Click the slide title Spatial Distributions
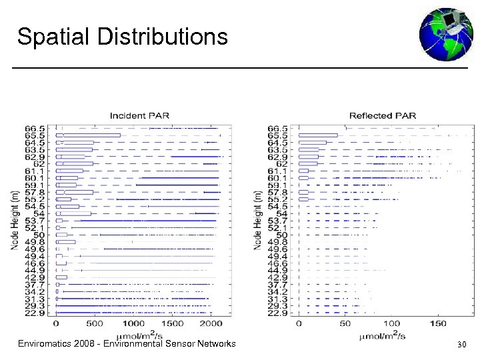(x=122, y=37)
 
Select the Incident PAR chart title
(x=139, y=115)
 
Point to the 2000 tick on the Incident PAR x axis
(x=211, y=323)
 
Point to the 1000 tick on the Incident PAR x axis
(x=134, y=323)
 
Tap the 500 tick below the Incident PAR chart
(x=95, y=323)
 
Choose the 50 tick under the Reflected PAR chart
(x=345, y=323)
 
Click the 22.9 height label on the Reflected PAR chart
(x=278, y=313)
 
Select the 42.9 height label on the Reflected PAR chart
(x=278, y=277)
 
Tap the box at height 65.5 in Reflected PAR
(x=318, y=135)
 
